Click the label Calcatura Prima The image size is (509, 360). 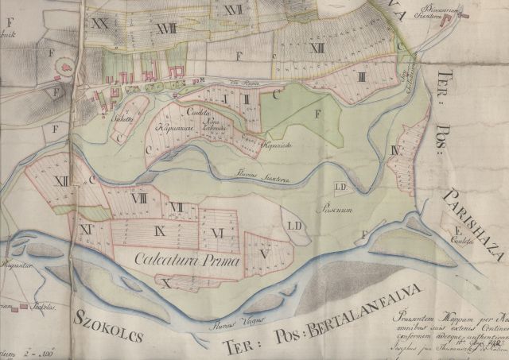[x=177, y=257]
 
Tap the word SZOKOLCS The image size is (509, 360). [x=108, y=321]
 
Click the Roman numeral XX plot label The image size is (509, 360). [x=100, y=24]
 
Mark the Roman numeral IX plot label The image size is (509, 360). [x=160, y=231]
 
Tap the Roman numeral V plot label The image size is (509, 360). [x=264, y=254]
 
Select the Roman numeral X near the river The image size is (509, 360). [x=165, y=281]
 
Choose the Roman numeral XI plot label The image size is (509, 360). [x=85, y=229]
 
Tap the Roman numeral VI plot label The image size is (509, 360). [x=216, y=232]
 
